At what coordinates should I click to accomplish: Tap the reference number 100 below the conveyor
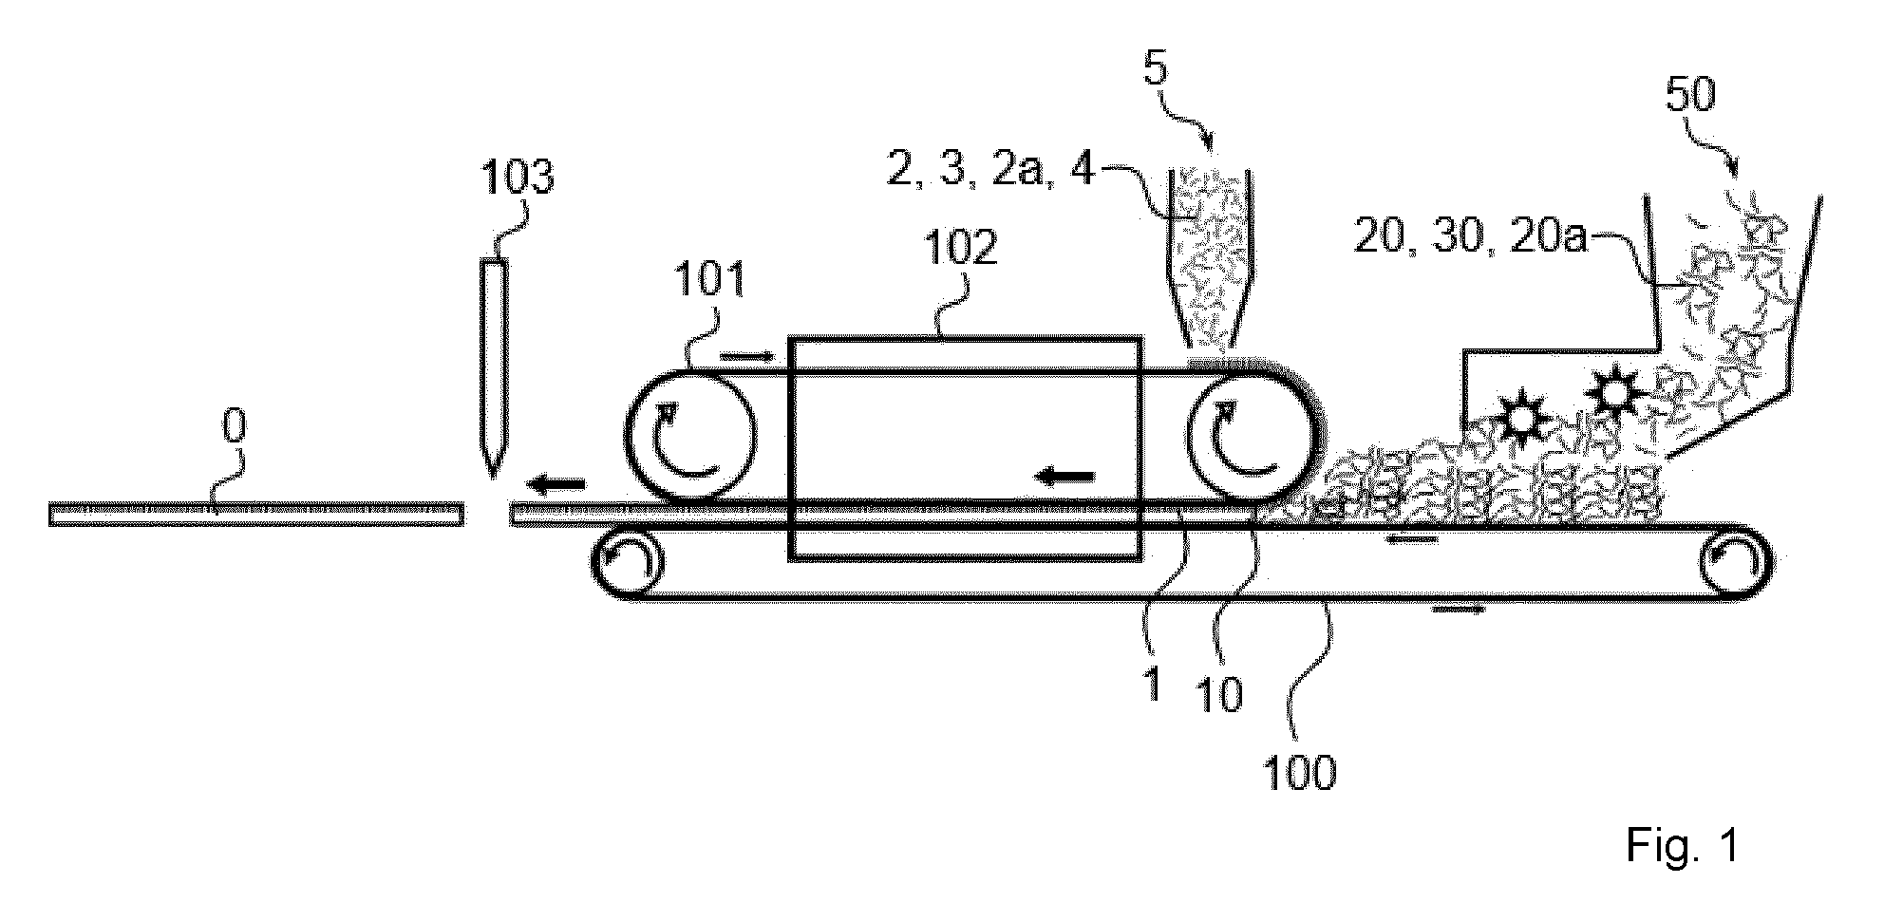click(1300, 772)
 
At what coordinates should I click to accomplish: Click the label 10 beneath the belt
click(1220, 696)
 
